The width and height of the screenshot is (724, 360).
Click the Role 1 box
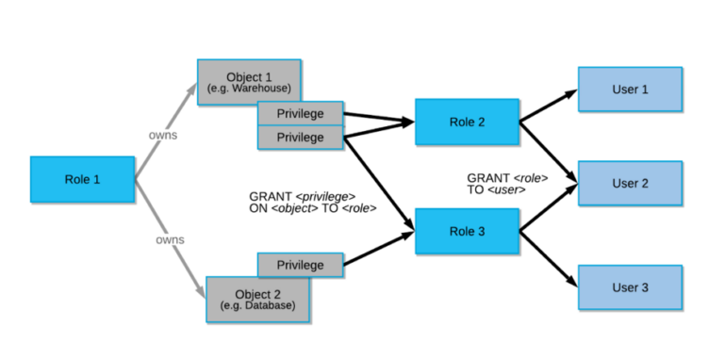click(83, 179)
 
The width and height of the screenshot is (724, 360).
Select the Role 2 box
click(467, 122)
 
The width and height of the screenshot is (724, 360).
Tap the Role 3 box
click(467, 232)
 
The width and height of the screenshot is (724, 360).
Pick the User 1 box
click(630, 90)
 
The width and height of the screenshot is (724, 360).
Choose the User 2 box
click(630, 183)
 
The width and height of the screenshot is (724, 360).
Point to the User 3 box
click(630, 287)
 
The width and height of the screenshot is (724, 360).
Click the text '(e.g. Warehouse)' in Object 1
click(249, 89)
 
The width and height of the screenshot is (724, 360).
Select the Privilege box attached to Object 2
click(300, 265)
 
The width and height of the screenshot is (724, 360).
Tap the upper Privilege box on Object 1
click(300, 113)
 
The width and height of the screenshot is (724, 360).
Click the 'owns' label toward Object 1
click(163, 135)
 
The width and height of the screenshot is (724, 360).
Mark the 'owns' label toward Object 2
click(170, 239)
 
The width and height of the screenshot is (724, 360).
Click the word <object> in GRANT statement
click(295, 208)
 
